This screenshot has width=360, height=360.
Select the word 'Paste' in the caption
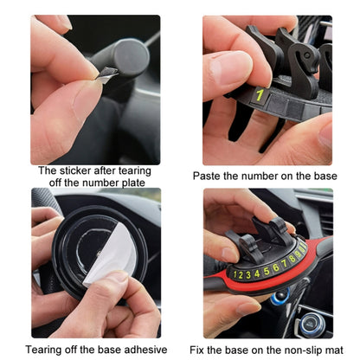[x=208, y=176]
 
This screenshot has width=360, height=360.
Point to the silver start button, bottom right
[x=310, y=328]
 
